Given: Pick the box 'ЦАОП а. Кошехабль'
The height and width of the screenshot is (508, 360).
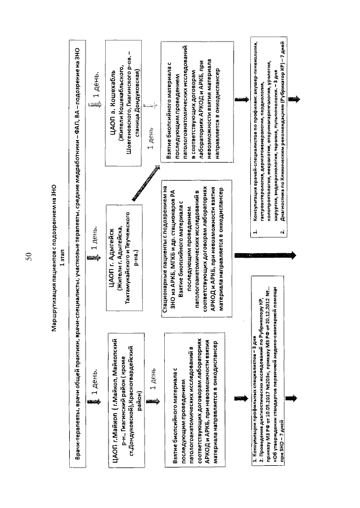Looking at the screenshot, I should tap(119, 92).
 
